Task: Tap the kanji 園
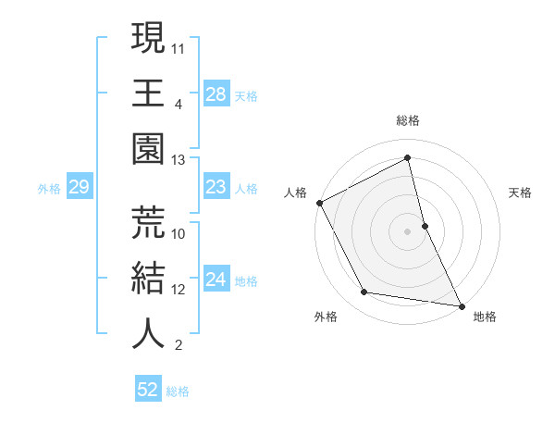tap(148, 148)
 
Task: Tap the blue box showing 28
tap(216, 94)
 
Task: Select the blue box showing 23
tap(216, 188)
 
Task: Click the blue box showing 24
tap(216, 280)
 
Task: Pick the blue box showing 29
tap(79, 188)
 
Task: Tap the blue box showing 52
tap(148, 390)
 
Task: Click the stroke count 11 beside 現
tap(179, 46)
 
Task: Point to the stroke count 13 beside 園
tap(179, 160)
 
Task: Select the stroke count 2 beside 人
tap(178, 346)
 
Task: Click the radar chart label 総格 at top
tap(407, 120)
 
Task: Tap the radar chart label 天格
tap(521, 193)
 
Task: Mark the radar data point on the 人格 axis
tap(319, 202)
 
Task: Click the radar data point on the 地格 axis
tap(461, 304)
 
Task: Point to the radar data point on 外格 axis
tap(364, 292)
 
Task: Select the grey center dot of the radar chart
tap(407, 231)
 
